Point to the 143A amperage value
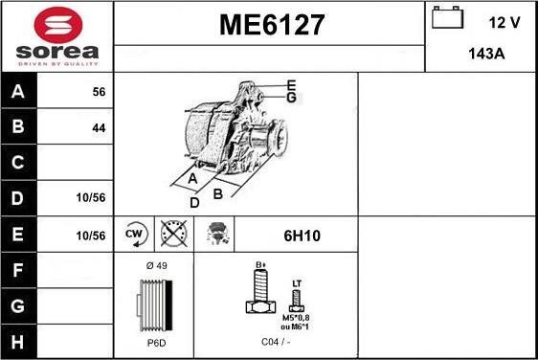pos(486,55)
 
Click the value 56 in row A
pos(98,92)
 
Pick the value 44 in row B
pos(98,127)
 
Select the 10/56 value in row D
pos(91,197)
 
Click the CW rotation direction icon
pos(134,233)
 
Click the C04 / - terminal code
pos(275,342)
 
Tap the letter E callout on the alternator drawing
pos(291,85)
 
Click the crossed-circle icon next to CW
pos(173,233)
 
